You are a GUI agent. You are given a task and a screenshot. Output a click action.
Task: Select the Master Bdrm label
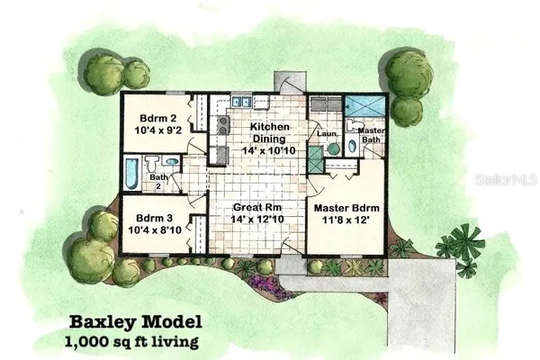pyautogui.click(x=346, y=208)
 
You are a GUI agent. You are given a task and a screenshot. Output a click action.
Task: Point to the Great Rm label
pyautogui.click(x=257, y=207)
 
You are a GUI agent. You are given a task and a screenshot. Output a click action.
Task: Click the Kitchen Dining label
pyautogui.click(x=269, y=132)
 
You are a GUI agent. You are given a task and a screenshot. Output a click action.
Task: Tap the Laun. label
pyautogui.click(x=327, y=133)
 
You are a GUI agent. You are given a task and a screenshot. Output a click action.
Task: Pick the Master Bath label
pyautogui.click(x=371, y=135)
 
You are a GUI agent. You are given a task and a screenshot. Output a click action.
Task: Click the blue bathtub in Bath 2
pyautogui.click(x=131, y=174)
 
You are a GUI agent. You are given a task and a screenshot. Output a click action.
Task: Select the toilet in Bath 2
pyautogui.click(x=151, y=164)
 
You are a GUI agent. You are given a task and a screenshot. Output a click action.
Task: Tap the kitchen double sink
pyautogui.click(x=241, y=102)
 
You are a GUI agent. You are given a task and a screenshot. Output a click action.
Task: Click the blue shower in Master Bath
pyautogui.click(x=364, y=106)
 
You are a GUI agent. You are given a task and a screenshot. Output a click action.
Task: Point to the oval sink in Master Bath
pyautogui.click(x=352, y=147)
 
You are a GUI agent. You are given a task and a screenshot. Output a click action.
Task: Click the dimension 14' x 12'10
pyautogui.click(x=257, y=219)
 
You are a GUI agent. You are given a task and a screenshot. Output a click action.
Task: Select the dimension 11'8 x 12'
pyautogui.click(x=346, y=220)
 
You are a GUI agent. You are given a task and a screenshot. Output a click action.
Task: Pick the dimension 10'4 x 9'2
pyautogui.click(x=158, y=130)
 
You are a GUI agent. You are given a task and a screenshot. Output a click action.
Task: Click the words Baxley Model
pyautogui.click(x=136, y=322)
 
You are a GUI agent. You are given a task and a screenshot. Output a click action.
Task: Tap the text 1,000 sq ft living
pyautogui.click(x=131, y=342)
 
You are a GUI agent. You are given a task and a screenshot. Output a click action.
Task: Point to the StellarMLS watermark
pyautogui.click(x=506, y=179)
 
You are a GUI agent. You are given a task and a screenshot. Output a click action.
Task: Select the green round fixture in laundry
pyautogui.click(x=333, y=149)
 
